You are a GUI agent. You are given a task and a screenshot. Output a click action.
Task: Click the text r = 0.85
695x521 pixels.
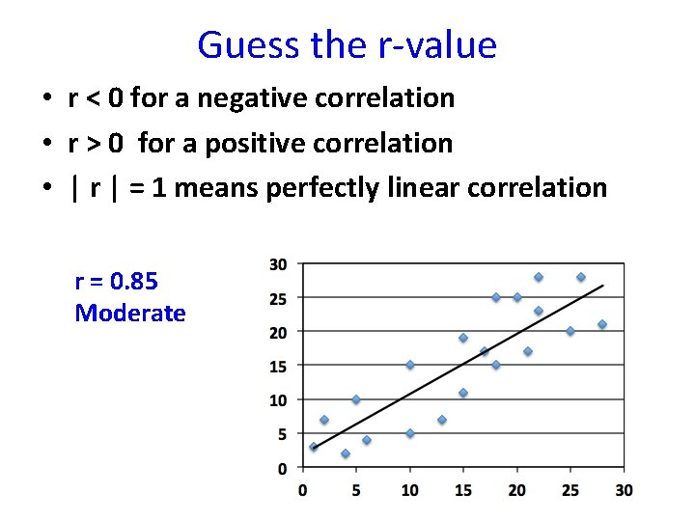point(116,282)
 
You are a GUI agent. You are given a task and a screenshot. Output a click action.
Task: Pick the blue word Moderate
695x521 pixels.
point(130,313)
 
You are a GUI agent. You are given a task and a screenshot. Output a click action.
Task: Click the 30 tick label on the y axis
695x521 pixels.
point(277,264)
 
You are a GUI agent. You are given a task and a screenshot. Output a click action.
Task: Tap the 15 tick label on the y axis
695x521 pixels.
point(277,366)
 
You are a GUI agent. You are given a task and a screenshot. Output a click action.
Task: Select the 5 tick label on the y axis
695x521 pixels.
point(281,434)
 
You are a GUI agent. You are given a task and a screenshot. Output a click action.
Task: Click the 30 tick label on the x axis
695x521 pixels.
point(624,490)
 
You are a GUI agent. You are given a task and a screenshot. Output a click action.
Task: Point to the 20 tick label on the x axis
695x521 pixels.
point(516,490)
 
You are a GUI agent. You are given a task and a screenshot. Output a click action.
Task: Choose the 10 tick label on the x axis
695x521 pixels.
point(409,490)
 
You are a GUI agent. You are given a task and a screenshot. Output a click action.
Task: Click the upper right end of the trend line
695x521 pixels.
point(603,286)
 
